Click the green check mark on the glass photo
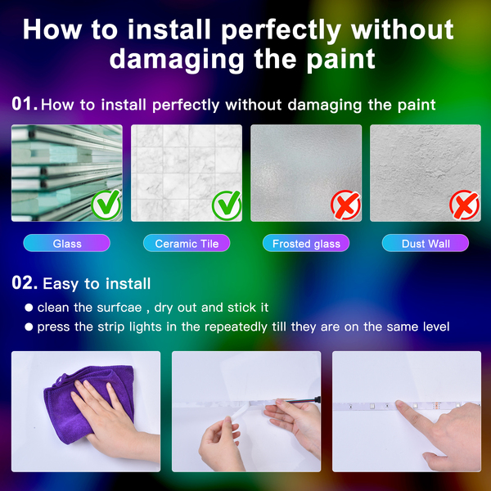click(106, 205)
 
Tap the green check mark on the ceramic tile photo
click(227, 205)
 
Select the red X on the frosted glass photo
click(345, 205)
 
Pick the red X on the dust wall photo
click(464, 205)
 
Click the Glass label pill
click(67, 243)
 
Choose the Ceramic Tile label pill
click(187, 243)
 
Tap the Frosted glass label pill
click(306, 243)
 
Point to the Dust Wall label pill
click(426, 243)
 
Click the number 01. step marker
click(25, 104)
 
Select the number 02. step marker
click(25, 283)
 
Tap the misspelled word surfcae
click(119, 308)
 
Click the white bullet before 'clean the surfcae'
click(29, 308)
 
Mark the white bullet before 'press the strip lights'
click(29, 327)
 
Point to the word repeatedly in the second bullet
click(236, 327)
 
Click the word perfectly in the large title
click(281, 30)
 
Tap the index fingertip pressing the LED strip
click(400, 404)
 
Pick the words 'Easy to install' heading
click(97, 284)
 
